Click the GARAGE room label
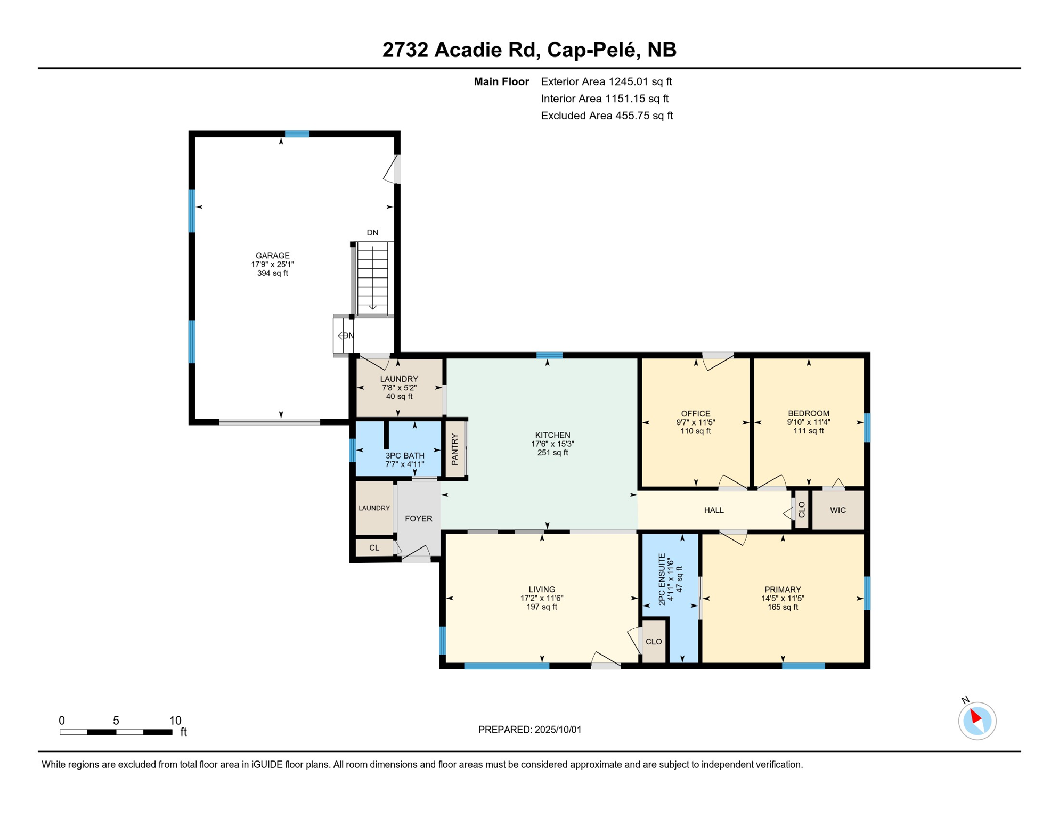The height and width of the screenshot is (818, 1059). [272, 256]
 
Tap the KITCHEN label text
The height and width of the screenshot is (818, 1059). [552, 435]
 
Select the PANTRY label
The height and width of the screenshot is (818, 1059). [454, 449]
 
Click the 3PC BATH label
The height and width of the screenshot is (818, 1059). [405, 456]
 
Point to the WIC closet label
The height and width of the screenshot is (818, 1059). [837, 510]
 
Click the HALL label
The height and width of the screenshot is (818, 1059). [714, 510]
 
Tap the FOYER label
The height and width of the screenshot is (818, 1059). [418, 518]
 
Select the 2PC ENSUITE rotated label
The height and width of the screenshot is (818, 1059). [662, 579]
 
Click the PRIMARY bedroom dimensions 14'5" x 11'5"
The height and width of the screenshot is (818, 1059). [783, 599]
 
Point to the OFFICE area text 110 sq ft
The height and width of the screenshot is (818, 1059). [695, 431]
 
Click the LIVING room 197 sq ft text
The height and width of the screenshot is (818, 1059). [542, 607]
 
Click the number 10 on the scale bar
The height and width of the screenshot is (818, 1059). [175, 721]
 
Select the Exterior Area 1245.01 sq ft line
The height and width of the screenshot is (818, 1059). [606, 81]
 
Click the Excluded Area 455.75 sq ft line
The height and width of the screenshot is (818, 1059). [607, 116]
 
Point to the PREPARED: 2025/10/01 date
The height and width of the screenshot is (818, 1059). [529, 730]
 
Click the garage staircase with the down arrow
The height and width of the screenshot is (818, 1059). [372, 279]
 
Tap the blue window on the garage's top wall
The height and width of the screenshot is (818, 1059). [297, 134]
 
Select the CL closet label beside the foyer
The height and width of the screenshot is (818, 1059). [374, 547]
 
